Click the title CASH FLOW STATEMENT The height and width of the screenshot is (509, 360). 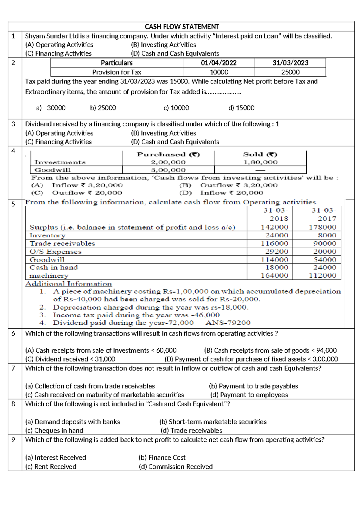[x=181, y=27]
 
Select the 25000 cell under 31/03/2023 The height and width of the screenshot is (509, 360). [x=290, y=72]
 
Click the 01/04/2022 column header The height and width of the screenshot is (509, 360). [x=219, y=63]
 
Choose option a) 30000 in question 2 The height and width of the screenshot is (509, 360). [x=51, y=108]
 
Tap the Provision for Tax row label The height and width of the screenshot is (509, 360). [x=117, y=72]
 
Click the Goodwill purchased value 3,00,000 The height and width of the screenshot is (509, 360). [x=168, y=170]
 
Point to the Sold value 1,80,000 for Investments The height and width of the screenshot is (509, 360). [x=260, y=162]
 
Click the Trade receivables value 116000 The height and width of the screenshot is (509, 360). [x=274, y=243]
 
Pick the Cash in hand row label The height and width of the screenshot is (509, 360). [x=54, y=267]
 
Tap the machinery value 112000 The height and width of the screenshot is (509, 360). [x=322, y=276]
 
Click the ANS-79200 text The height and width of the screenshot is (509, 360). [x=228, y=323]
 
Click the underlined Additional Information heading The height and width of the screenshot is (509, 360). [x=68, y=284]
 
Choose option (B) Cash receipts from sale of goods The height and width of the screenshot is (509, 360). [x=270, y=350]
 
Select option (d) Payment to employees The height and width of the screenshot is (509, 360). [x=249, y=395]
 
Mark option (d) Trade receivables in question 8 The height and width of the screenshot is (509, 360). [x=191, y=430]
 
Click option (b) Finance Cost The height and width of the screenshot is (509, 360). [x=162, y=457]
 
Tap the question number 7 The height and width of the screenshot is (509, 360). [x=13, y=368]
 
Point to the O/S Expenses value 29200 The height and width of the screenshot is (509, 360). [x=276, y=251]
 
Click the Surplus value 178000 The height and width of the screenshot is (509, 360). [x=322, y=227]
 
